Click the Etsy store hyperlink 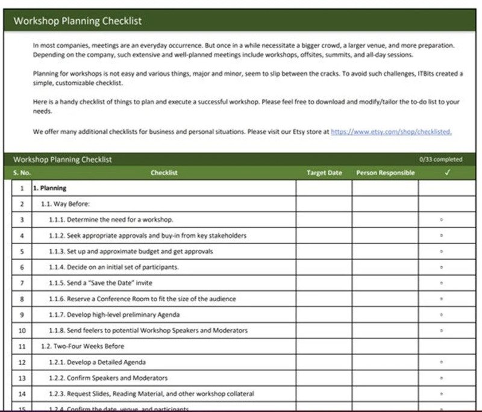(x=391, y=131)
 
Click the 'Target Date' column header (x=324, y=173)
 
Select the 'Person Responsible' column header (x=385, y=173)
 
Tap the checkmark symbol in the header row (x=446, y=173)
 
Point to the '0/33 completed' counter (x=441, y=160)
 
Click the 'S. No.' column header (x=22, y=173)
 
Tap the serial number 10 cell (x=22, y=331)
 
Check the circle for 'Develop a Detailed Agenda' (x=442, y=362)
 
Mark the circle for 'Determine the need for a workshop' (x=442, y=220)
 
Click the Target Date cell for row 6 (x=324, y=267)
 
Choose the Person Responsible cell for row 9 (x=385, y=314)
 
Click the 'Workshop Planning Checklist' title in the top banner (x=78, y=21)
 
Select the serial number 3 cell (x=22, y=220)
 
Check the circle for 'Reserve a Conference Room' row (x=442, y=299)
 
